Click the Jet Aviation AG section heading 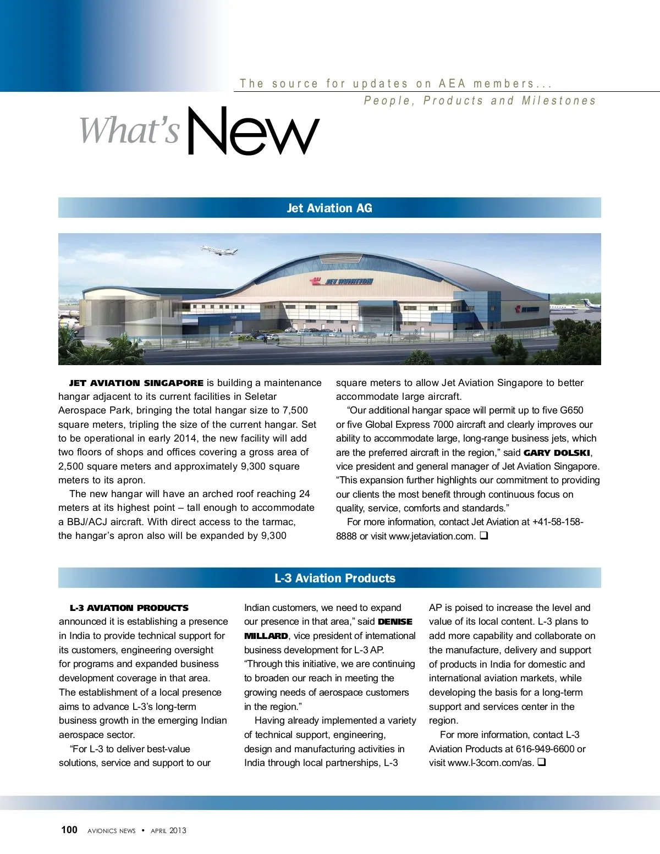pyautogui.click(x=329, y=208)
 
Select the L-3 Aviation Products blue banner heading pyautogui.click(x=335, y=578)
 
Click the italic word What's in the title pyautogui.click(x=130, y=131)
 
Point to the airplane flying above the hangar pyautogui.click(x=219, y=251)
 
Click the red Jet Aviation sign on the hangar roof pyautogui.click(x=342, y=282)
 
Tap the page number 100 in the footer pyautogui.click(x=69, y=830)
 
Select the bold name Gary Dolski pyautogui.click(x=557, y=453)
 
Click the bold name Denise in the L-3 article pyautogui.click(x=395, y=622)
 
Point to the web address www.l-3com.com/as pyautogui.click(x=491, y=763)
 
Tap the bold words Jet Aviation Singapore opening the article pyautogui.click(x=136, y=383)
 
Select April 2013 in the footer pyautogui.click(x=168, y=831)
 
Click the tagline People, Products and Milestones pyautogui.click(x=480, y=101)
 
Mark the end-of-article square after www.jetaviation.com pyautogui.click(x=483, y=536)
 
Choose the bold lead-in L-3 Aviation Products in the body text pyautogui.click(x=129, y=608)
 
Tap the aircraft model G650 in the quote pyautogui.click(x=571, y=410)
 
